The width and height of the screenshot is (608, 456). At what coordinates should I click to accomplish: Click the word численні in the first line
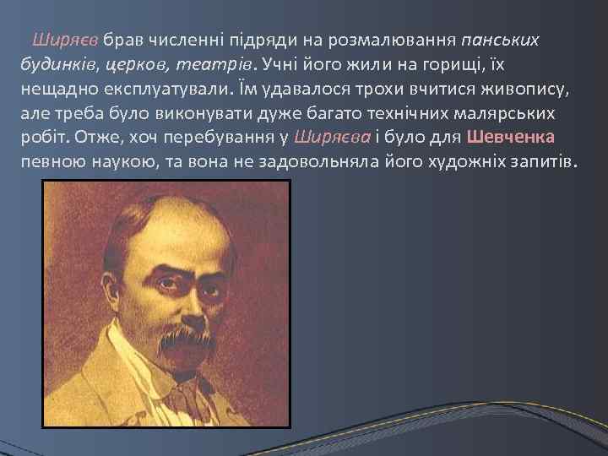click(180, 40)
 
